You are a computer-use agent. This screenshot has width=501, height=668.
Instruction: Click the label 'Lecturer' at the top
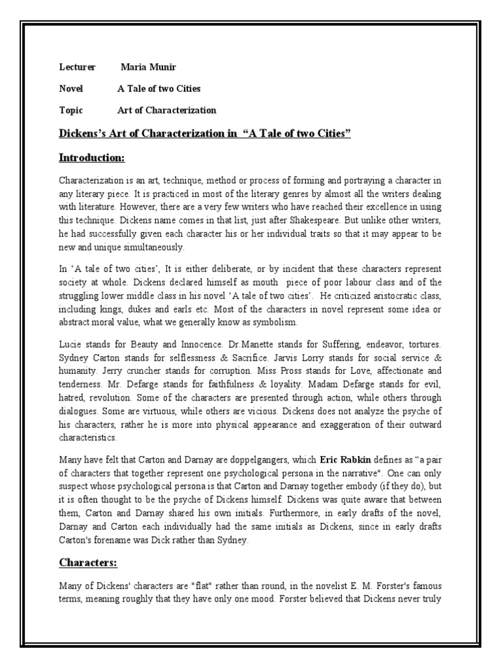click(x=77, y=67)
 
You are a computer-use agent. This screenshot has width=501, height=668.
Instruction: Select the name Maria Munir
click(x=147, y=67)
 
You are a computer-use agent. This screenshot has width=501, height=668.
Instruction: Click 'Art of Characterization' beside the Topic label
click(x=166, y=110)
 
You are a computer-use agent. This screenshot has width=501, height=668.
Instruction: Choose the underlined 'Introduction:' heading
click(x=91, y=158)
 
